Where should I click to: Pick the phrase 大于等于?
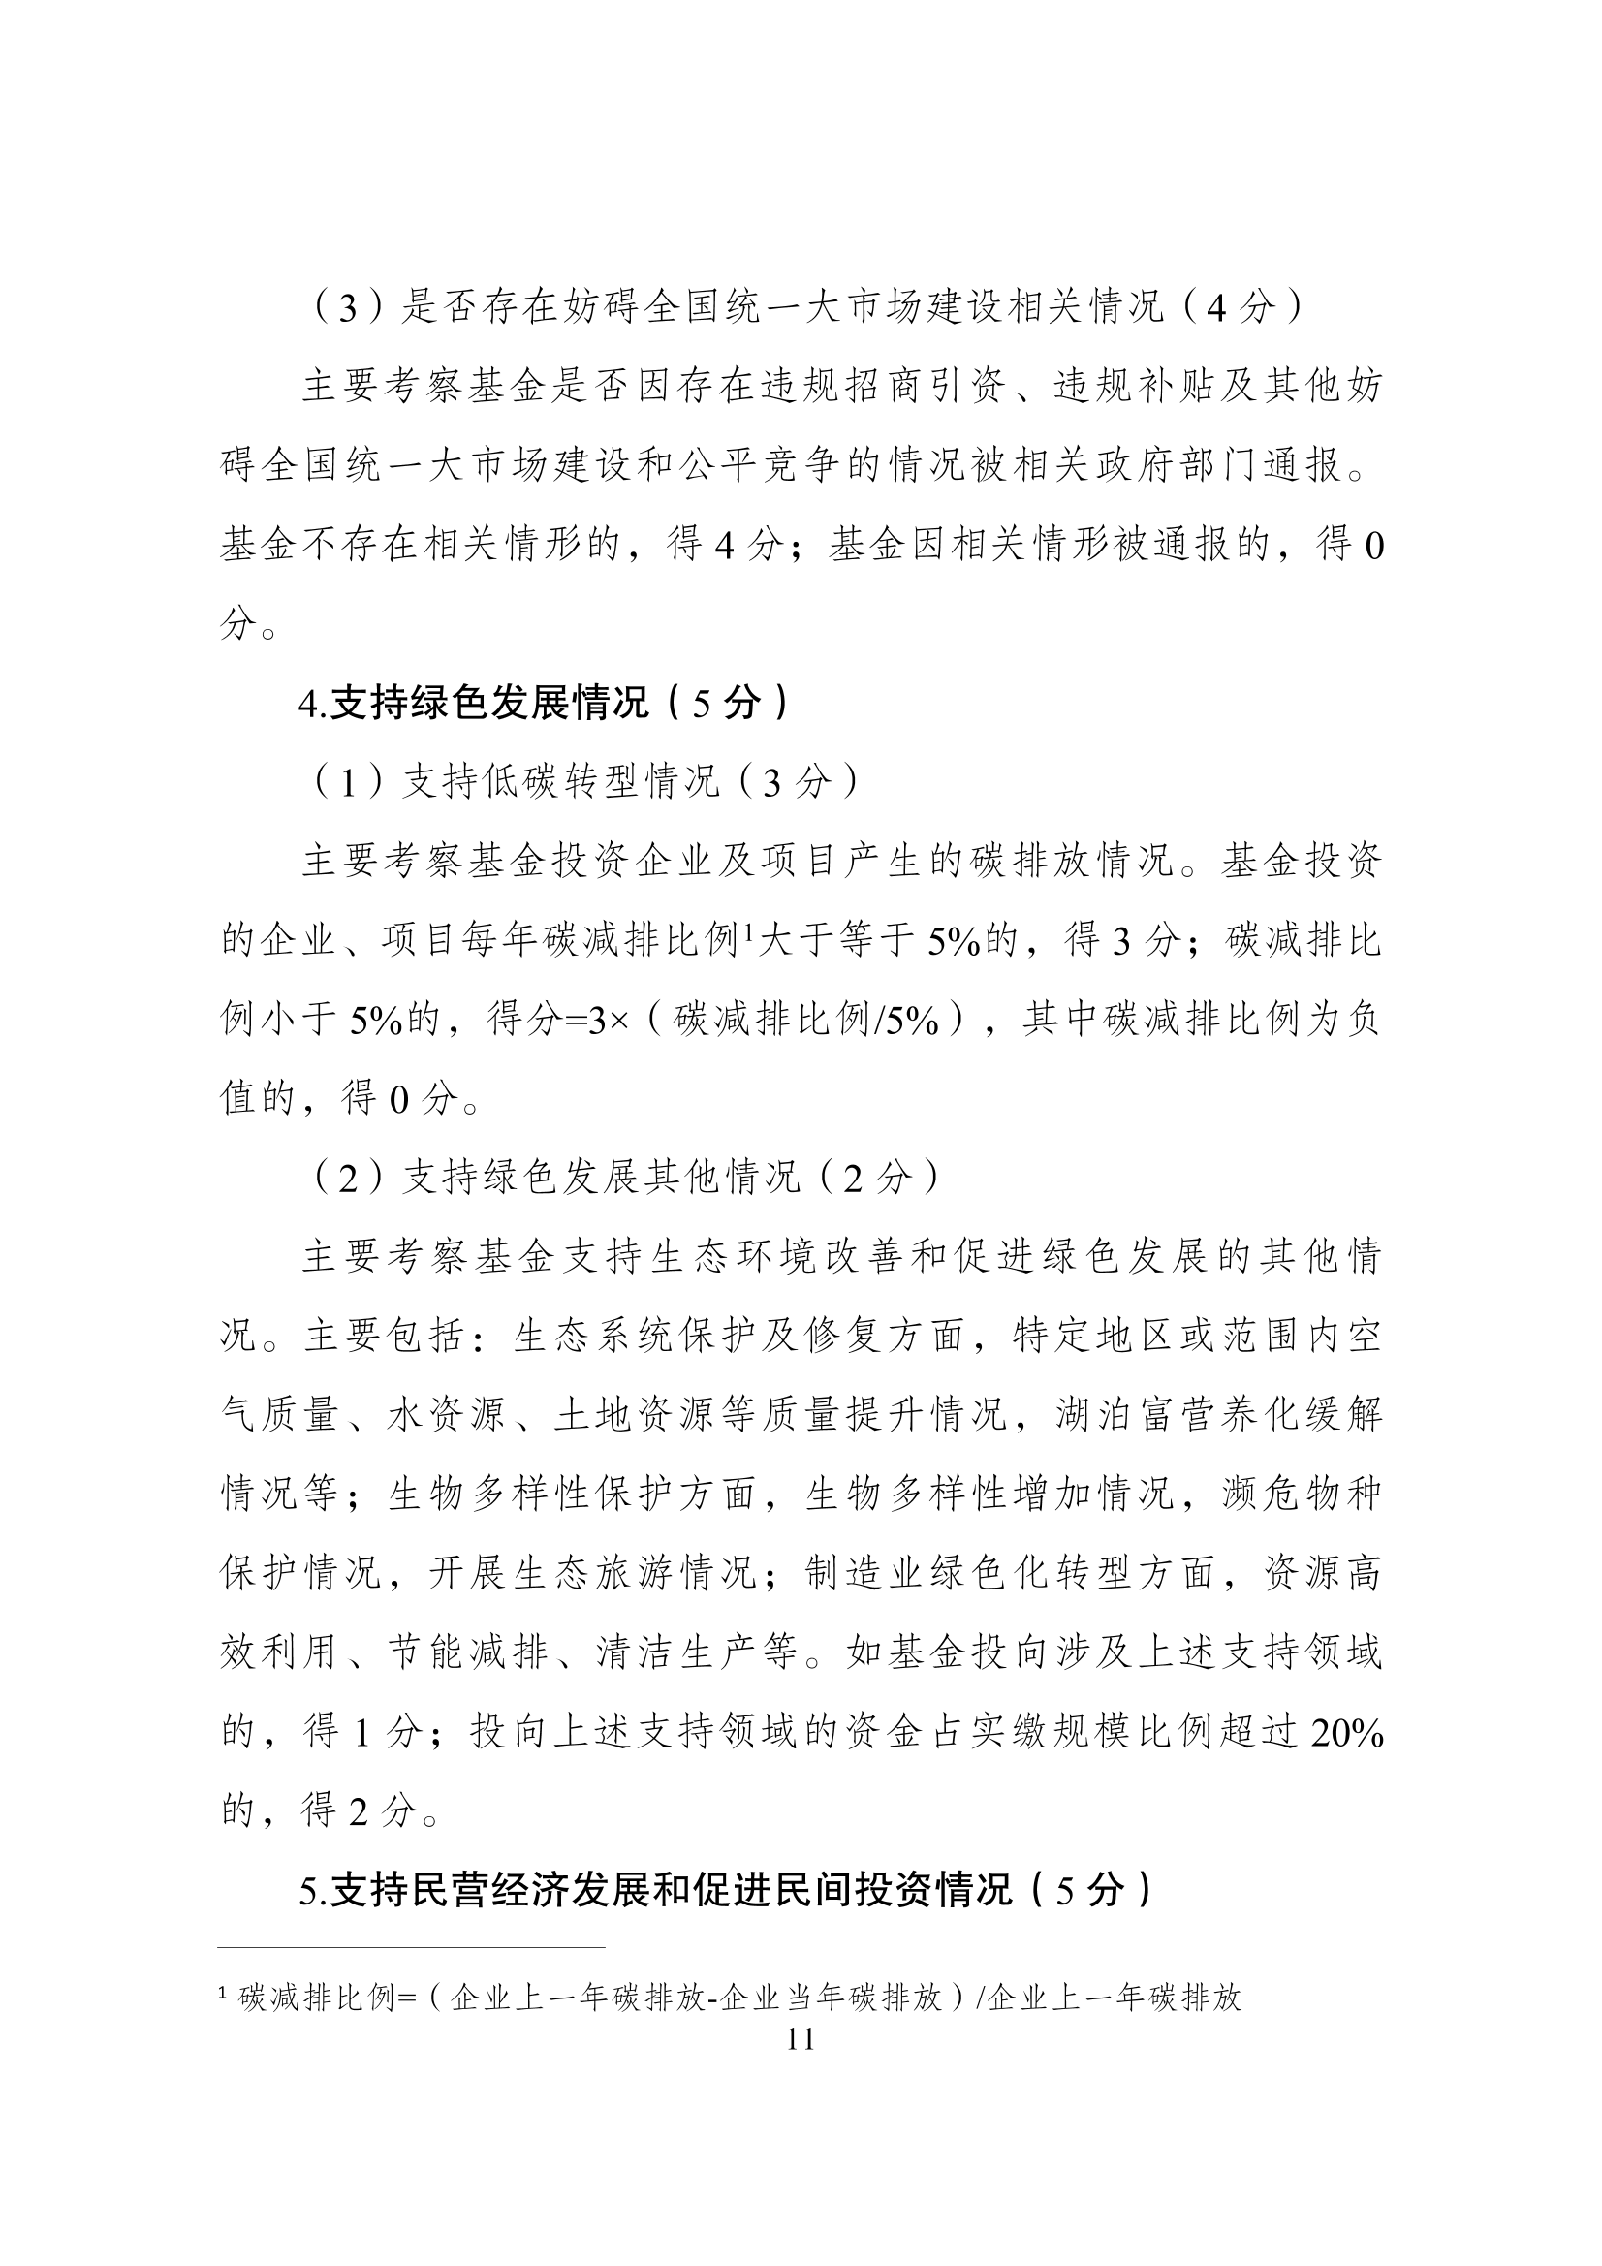pos(835,940)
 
